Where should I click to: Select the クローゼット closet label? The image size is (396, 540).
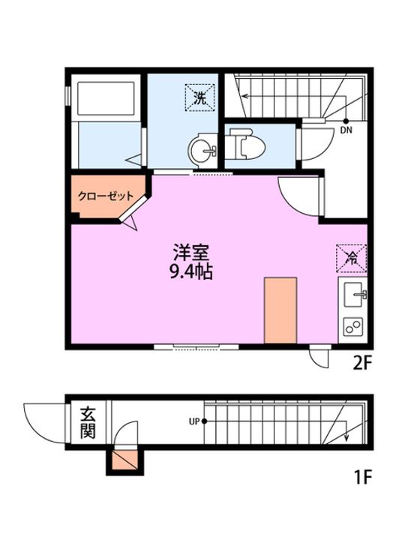click(x=106, y=196)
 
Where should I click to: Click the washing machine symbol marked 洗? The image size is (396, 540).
click(x=200, y=97)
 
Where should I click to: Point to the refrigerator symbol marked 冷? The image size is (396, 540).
click(x=350, y=257)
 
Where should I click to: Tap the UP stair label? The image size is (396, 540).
click(x=193, y=421)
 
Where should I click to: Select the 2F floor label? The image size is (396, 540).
click(x=363, y=364)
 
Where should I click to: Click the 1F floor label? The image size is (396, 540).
click(x=362, y=475)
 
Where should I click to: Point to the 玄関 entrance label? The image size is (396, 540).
click(x=88, y=423)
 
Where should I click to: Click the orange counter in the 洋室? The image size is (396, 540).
click(x=281, y=307)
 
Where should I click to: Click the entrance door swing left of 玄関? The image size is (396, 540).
click(x=43, y=422)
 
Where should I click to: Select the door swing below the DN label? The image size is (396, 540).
click(x=312, y=142)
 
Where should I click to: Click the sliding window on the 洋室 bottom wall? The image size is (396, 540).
click(x=196, y=346)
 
